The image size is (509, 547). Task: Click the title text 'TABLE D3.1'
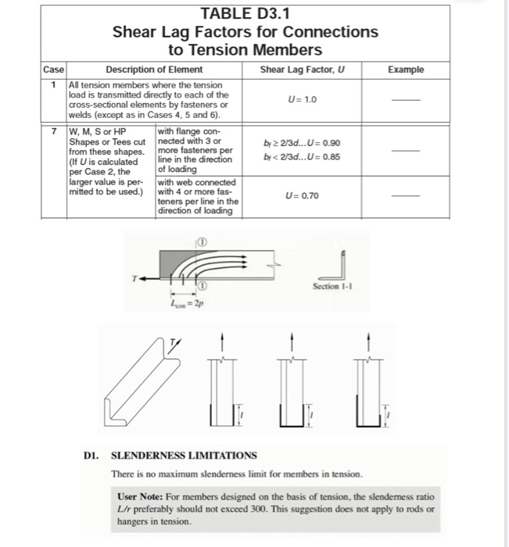click(x=245, y=13)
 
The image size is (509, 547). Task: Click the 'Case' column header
click(x=54, y=70)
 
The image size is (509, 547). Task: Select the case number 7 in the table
click(x=54, y=130)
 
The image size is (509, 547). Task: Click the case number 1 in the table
click(x=54, y=84)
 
